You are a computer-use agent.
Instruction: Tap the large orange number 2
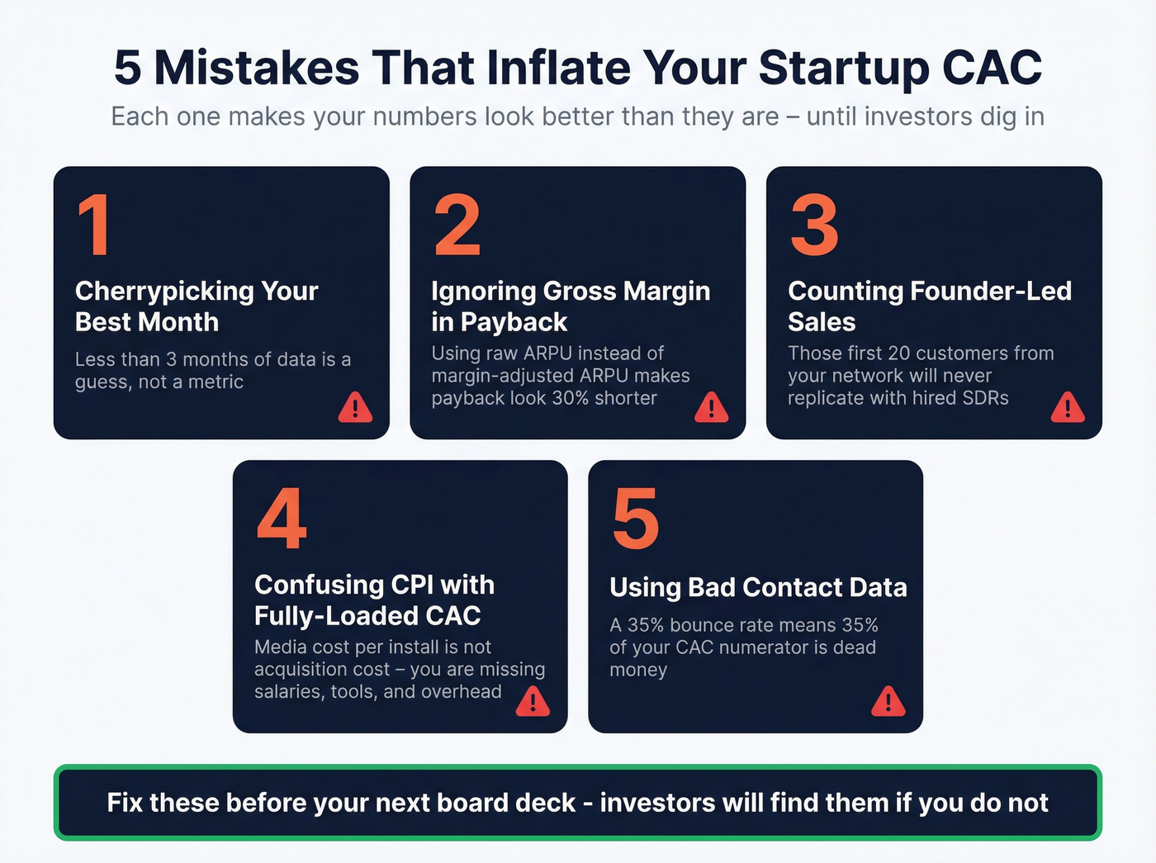click(x=457, y=225)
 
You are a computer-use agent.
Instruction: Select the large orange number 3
click(x=814, y=225)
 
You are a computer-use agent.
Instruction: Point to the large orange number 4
click(x=282, y=519)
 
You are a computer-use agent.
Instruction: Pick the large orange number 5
click(x=636, y=519)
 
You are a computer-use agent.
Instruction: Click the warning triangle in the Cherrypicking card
click(x=355, y=407)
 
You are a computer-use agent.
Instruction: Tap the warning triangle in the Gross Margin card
click(x=711, y=407)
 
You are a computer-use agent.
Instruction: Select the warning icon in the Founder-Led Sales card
click(x=1067, y=407)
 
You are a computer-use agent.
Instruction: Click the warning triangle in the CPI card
click(x=533, y=701)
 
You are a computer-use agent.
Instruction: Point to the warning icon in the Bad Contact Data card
click(x=888, y=701)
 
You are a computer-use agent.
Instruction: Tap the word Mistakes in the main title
click(x=257, y=68)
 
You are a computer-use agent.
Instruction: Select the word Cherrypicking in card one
click(x=164, y=292)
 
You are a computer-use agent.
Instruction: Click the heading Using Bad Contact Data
click(x=758, y=587)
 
